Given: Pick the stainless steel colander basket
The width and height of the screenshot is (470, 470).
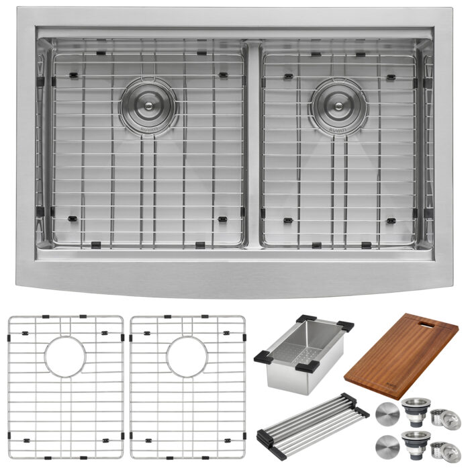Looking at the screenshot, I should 302,352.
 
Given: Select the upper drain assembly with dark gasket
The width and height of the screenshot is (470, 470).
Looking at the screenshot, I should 412,409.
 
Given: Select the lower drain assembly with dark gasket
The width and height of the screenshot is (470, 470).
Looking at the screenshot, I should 412,443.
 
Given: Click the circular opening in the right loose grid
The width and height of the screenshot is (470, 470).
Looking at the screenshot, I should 190,356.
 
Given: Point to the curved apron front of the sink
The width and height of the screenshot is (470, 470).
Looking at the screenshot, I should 235,282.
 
